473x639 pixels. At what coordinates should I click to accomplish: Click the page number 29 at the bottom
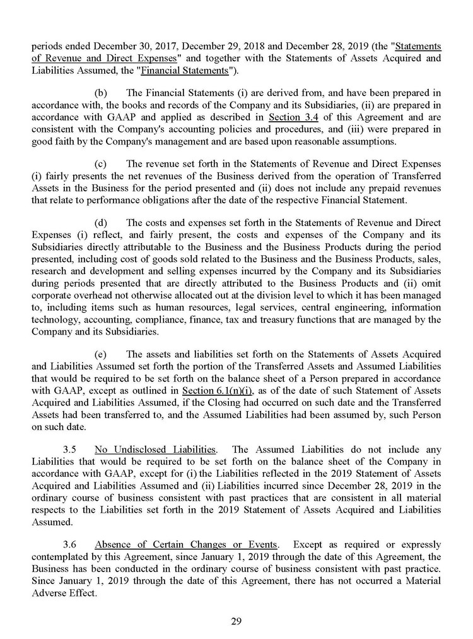click(237, 621)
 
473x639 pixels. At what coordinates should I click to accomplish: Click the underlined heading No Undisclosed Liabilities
click(155, 450)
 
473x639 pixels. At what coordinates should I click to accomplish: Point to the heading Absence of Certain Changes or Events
click(185, 544)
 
